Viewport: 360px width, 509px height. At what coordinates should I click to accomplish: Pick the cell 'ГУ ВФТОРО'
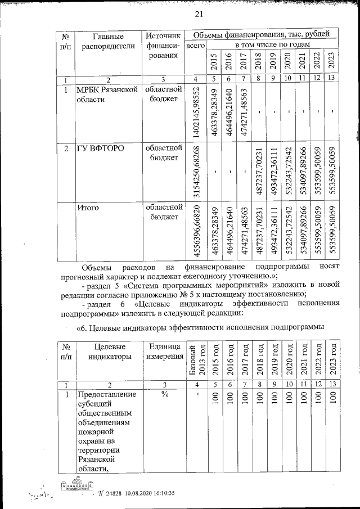(101, 149)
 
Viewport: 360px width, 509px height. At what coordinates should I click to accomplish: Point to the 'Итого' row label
(89, 208)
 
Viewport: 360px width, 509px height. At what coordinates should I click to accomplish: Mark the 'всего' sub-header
(195, 44)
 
